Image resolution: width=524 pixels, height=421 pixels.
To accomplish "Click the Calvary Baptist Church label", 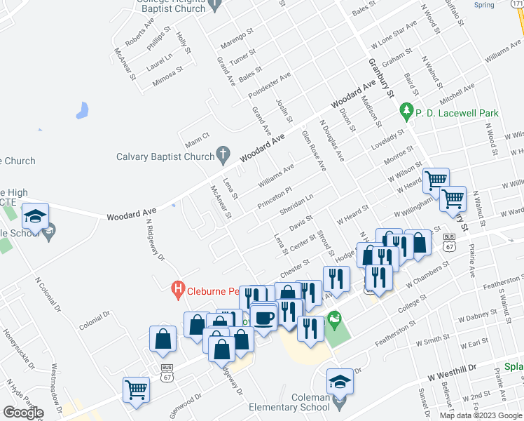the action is click(165, 157).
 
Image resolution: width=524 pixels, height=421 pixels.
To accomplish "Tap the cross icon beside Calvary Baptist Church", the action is click(223, 153).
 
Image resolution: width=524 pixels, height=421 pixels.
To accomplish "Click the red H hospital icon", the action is click(179, 288).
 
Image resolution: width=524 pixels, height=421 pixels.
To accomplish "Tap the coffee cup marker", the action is click(263, 318).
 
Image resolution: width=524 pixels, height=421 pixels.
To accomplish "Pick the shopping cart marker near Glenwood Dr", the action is click(136, 390).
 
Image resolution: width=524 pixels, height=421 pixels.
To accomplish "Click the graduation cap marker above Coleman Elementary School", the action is click(340, 382).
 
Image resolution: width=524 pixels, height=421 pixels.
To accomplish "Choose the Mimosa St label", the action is click(168, 75).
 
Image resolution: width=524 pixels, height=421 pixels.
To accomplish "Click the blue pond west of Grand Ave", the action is click(83, 110).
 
